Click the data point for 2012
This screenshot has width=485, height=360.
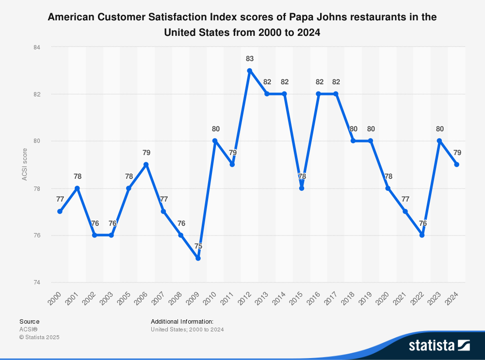(250, 71)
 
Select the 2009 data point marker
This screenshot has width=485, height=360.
(198, 258)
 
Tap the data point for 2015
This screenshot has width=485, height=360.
(302, 188)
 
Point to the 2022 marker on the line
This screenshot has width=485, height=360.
(422, 235)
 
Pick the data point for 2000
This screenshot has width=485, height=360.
(60, 211)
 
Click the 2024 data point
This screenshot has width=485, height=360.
(456, 164)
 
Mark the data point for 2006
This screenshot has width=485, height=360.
(146, 164)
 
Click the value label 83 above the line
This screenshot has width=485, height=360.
(250, 59)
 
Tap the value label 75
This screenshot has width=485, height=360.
(198, 246)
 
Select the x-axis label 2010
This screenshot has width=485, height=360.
(210, 298)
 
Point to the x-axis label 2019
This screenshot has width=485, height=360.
(365, 298)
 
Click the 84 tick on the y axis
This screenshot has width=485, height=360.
(37, 47)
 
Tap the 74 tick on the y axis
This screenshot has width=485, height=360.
(37, 282)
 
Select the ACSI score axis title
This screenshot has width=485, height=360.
(24, 164)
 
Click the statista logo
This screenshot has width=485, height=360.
(439, 345)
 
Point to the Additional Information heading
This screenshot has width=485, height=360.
(182, 322)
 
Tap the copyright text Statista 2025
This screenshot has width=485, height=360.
(39, 337)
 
